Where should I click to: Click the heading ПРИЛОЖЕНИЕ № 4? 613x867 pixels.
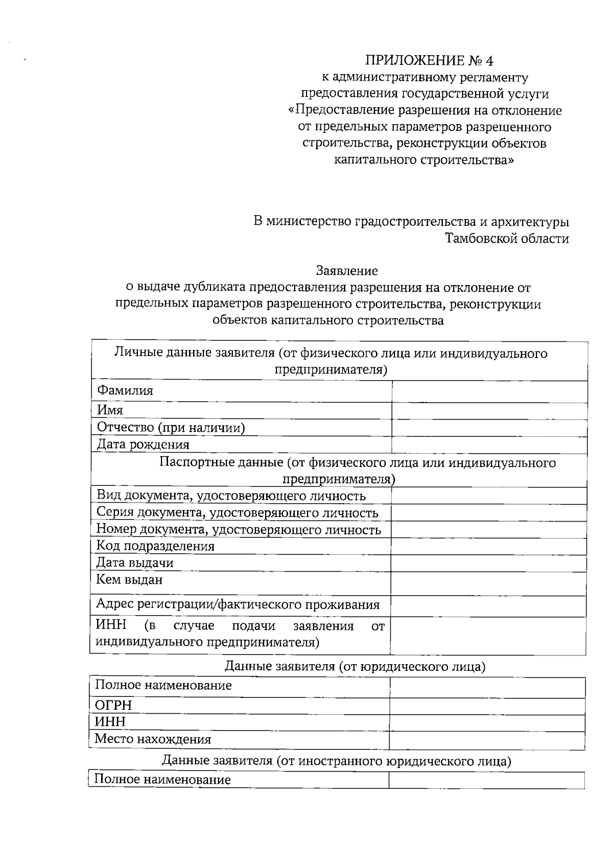(429, 61)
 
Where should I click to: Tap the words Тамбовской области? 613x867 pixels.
(507, 239)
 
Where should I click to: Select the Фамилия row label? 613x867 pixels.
(125, 391)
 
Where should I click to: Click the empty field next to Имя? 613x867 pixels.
(489, 411)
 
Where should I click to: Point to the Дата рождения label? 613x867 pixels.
(144, 444)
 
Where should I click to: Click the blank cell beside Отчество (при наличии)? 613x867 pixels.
(489, 428)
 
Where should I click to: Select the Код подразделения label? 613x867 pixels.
(155, 546)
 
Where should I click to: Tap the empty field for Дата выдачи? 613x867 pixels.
(488, 563)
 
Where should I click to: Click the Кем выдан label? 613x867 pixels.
(129, 580)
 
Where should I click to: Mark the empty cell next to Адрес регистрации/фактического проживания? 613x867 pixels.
(488, 606)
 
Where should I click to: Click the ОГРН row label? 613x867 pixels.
(113, 706)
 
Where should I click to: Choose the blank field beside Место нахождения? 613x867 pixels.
(487, 740)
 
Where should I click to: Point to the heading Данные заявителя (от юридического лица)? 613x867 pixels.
(355, 666)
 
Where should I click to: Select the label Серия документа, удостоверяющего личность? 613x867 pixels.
(238, 512)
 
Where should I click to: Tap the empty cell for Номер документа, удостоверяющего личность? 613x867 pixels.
(488, 530)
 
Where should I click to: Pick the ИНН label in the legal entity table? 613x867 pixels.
(110, 722)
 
